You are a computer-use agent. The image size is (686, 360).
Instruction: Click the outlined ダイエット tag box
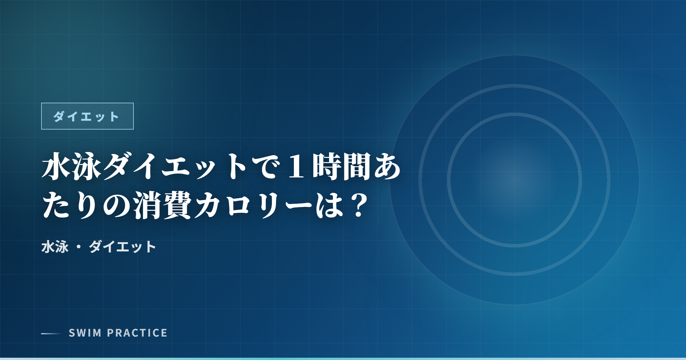coord(87,116)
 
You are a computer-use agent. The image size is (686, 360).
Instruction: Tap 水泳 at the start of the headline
coord(72,166)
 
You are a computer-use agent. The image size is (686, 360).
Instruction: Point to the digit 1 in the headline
coord(296,166)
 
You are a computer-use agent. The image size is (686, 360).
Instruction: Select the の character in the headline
coord(117,205)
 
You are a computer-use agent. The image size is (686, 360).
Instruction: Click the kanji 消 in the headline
coord(147,205)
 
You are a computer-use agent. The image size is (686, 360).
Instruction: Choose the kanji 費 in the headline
coord(178,205)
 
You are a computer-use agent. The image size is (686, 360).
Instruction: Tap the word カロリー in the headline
coord(253,205)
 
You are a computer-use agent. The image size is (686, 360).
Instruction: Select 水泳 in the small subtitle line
coord(55,247)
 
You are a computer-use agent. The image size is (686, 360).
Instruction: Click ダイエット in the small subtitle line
coord(122,247)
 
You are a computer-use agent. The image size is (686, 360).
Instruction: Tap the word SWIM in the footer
coord(85,333)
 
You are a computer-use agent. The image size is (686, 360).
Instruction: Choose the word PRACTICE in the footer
coord(137,333)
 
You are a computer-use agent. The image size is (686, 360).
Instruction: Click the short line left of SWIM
coord(51,333)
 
